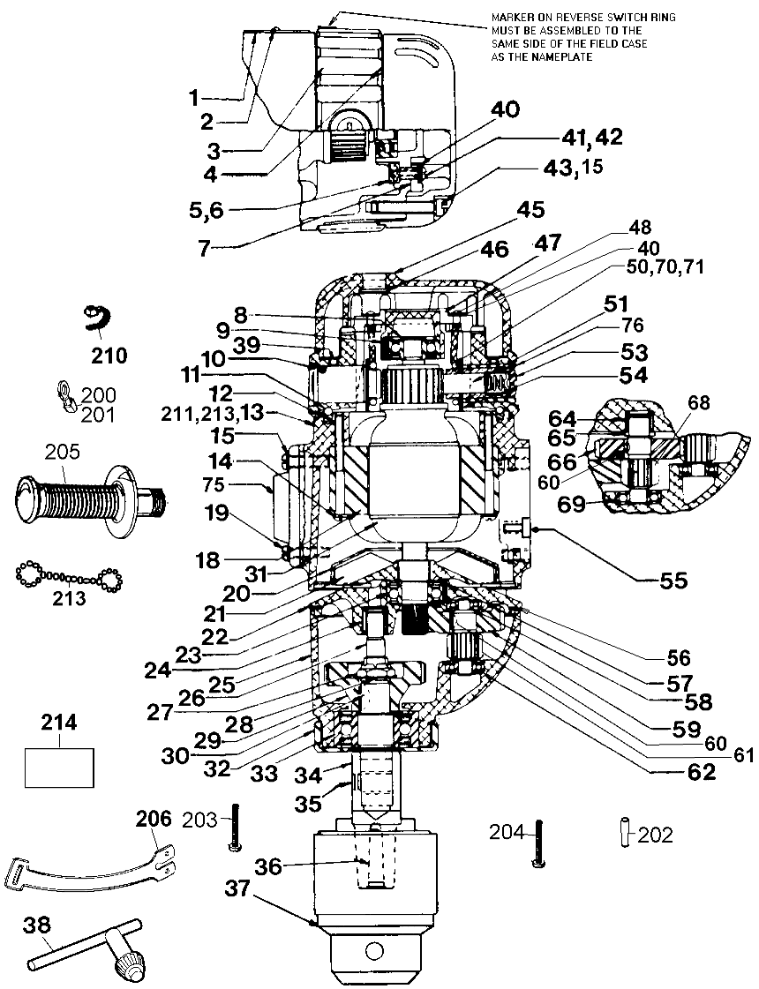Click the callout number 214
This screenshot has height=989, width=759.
[x=59, y=723]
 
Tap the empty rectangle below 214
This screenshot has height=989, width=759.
[x=59, y=767]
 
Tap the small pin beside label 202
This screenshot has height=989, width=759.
[x=625, y=833]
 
